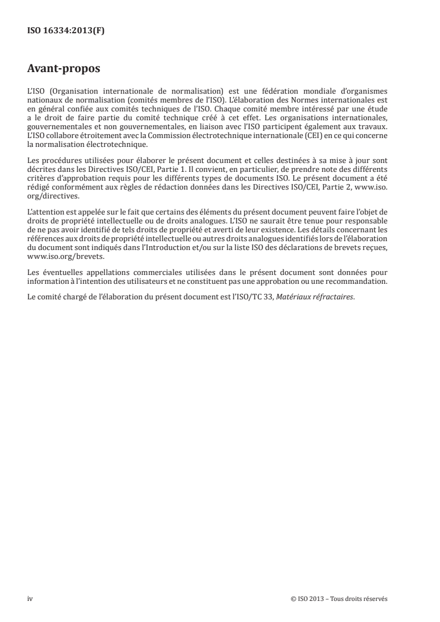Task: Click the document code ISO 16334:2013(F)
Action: tap(65, 31)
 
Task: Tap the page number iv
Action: tap(30, 599)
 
